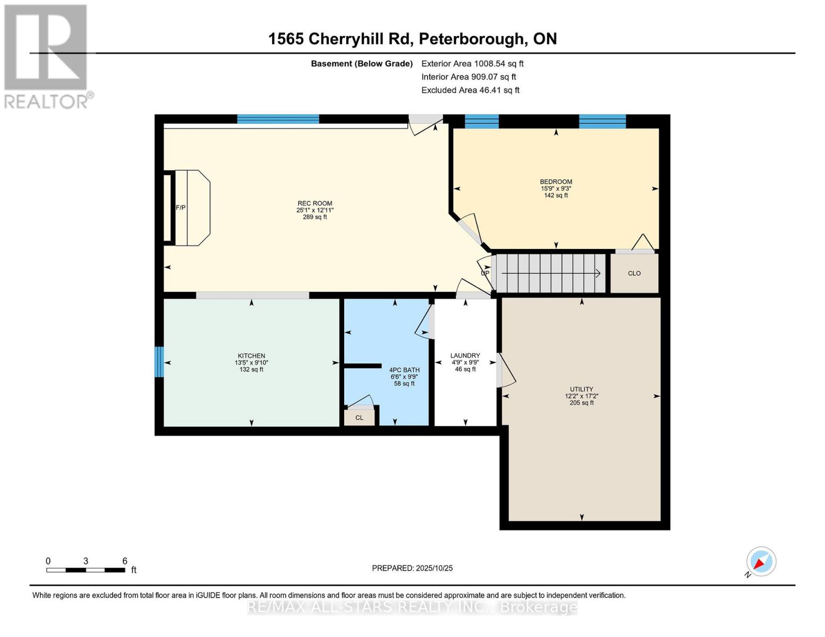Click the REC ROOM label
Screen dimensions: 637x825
pos(314,203)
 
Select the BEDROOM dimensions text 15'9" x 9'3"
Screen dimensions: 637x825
pos(556,188)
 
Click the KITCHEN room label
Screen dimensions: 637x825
pos(251,356)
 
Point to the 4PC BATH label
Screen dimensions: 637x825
pos(404,370)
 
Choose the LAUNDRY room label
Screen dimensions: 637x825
pos(465,356)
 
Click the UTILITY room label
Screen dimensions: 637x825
pos(581,389)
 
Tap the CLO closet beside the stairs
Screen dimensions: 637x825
pos(634,273)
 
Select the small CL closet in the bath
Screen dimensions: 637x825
pos(359,418)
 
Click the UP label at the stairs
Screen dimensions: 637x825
pos(484,273)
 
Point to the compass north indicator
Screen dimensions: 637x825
pos(761,562)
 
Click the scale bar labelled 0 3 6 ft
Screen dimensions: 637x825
pos(86,570)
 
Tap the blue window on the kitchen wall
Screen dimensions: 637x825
pos(159,362)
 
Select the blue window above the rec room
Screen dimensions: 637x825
pos(278,119)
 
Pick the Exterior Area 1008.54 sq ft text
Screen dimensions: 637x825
pos(472,64)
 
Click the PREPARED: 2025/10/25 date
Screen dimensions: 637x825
pos(412,568)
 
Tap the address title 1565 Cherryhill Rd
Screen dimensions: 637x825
pos(412,39)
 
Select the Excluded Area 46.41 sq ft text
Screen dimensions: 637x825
pos(470,90)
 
